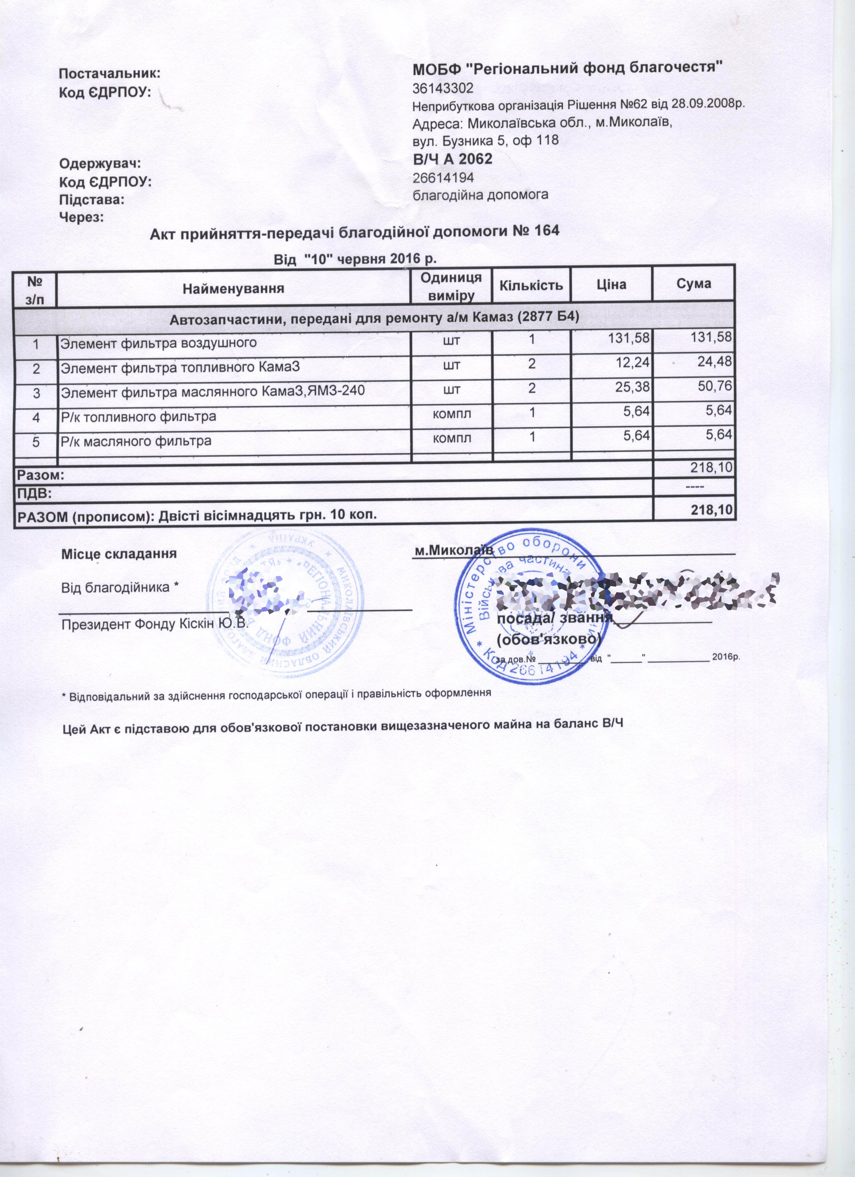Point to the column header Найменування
(233, 288)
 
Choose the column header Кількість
(531, 285)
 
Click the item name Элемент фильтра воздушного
(159, 343)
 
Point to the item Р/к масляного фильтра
(136, 442)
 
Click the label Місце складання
(119, 554)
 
